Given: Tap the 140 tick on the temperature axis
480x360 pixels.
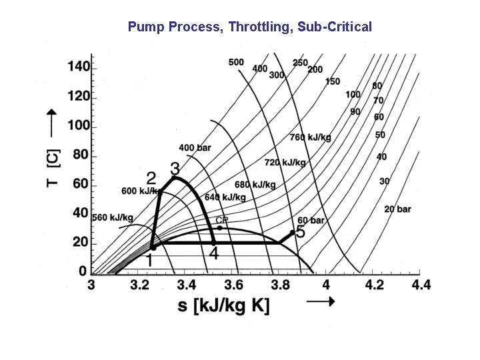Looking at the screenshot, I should (x=78, y=67).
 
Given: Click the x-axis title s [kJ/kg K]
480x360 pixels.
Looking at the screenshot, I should (x=223, y=307).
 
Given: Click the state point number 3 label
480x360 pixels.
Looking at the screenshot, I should (x=175, y=167).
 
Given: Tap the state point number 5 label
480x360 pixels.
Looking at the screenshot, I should (x=300, y=232).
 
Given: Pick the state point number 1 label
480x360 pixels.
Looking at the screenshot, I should (x=149, y=260).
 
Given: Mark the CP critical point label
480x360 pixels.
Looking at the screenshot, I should (x=221, y=220).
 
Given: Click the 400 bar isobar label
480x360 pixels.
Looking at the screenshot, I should (x=194, y=147).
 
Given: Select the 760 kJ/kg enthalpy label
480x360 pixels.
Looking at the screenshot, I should (x=310, y=137).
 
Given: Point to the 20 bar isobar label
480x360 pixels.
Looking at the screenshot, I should (x=397, y=209).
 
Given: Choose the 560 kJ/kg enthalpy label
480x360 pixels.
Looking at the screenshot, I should (x=113, y=217).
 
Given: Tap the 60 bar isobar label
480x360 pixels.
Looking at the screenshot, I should (x=311, y=220).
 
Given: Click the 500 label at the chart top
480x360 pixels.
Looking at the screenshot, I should (x=236, y=62).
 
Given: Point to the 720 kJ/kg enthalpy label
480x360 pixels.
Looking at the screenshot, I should (x=285, y=162).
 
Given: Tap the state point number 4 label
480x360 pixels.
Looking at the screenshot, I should (x=213, y=254).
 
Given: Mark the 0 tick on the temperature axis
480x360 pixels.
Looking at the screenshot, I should (x=83, y=271).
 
